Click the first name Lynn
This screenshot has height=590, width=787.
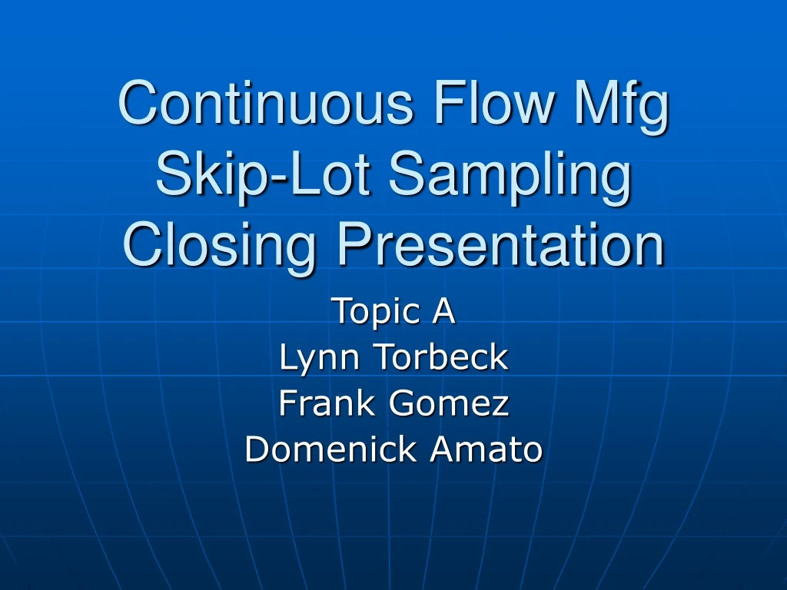pos(321,358)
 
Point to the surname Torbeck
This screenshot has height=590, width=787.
pos(441,357)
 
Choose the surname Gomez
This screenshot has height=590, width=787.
pos(450,403)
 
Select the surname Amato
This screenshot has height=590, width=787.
pos(486,449)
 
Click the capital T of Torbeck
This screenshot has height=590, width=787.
pos(383,357)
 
